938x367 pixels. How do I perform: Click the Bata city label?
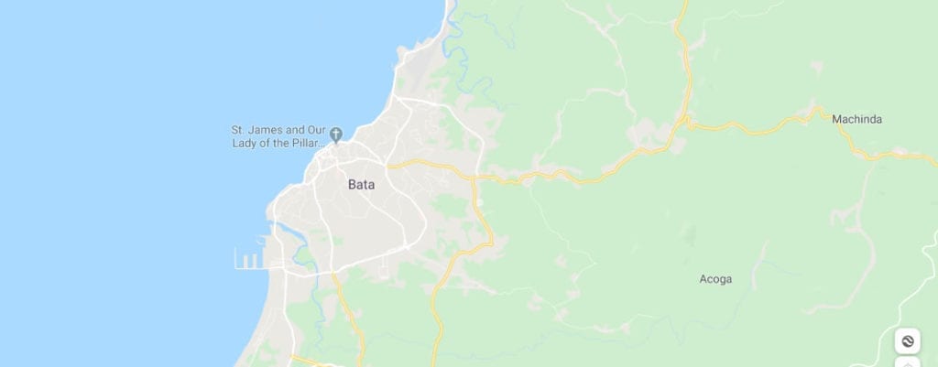pos(361,184)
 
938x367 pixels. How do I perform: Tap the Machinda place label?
pos(856,119)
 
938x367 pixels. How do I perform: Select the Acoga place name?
pos(715,279)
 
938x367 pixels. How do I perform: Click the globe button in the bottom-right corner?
pos(907,341)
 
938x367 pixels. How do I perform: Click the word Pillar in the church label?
pos(306,145)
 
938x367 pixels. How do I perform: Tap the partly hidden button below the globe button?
pos(907,362)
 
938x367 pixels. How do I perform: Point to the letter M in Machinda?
pos(837,119)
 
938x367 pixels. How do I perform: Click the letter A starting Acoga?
pos(703,279)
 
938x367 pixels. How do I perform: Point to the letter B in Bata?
pos(352,184)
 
